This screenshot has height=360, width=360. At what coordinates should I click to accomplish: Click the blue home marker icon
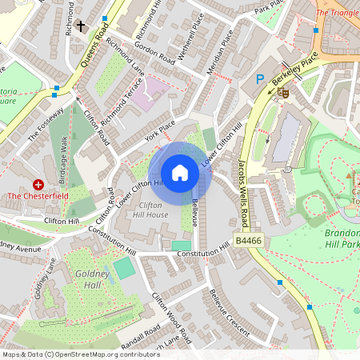pyautogui.click(x=180, y=172)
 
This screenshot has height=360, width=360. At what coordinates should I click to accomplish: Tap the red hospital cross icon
pyautogui.click(x=38, y=184)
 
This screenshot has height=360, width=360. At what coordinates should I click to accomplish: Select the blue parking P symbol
pyautogui.click(x=259, y=79)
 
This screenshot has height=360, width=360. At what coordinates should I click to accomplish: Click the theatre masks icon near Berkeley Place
pyautogui.click(x=283, y=93)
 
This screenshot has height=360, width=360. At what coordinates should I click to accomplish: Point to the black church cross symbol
pyautogui.click(x=82, y=26)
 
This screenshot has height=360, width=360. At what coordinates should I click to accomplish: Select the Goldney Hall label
pyautogui.click(x=83, y=280)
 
